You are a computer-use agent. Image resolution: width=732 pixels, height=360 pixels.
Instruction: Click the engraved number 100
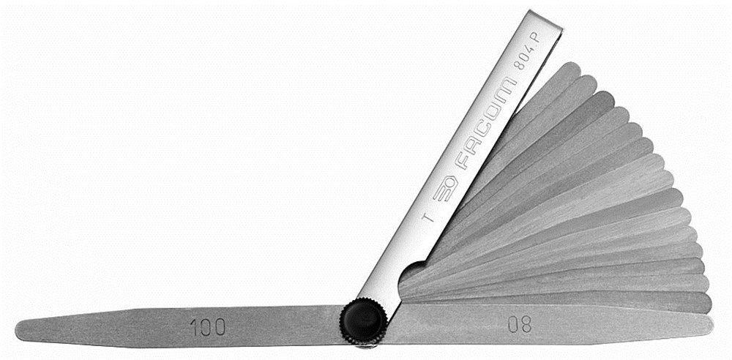pyautogui.click(x=207, y=326)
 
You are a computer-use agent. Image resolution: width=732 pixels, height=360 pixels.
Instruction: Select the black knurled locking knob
pyautogui.click(x=362, y=323)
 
